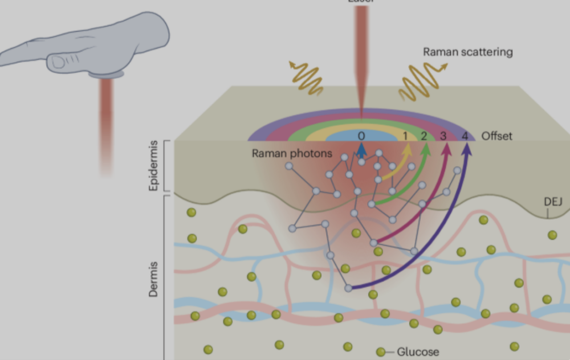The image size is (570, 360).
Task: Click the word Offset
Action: (x=497, y=136)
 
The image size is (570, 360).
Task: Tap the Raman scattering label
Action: (x=467, y=52)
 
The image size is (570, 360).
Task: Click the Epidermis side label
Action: (x=153, y=166)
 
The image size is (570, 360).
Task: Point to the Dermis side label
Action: (x=153, y=280)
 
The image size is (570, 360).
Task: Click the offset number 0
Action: (x=361, y=136)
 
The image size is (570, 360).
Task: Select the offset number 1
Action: (x=406, y=136)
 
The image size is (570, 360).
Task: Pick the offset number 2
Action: (x=424, y=136)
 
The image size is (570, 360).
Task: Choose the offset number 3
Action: (x=443, y=136)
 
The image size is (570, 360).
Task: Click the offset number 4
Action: (x=465, y=136)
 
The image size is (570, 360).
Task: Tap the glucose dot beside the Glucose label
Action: (x=381, y=351)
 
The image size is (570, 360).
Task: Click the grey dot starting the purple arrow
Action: (x=348, y=288)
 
